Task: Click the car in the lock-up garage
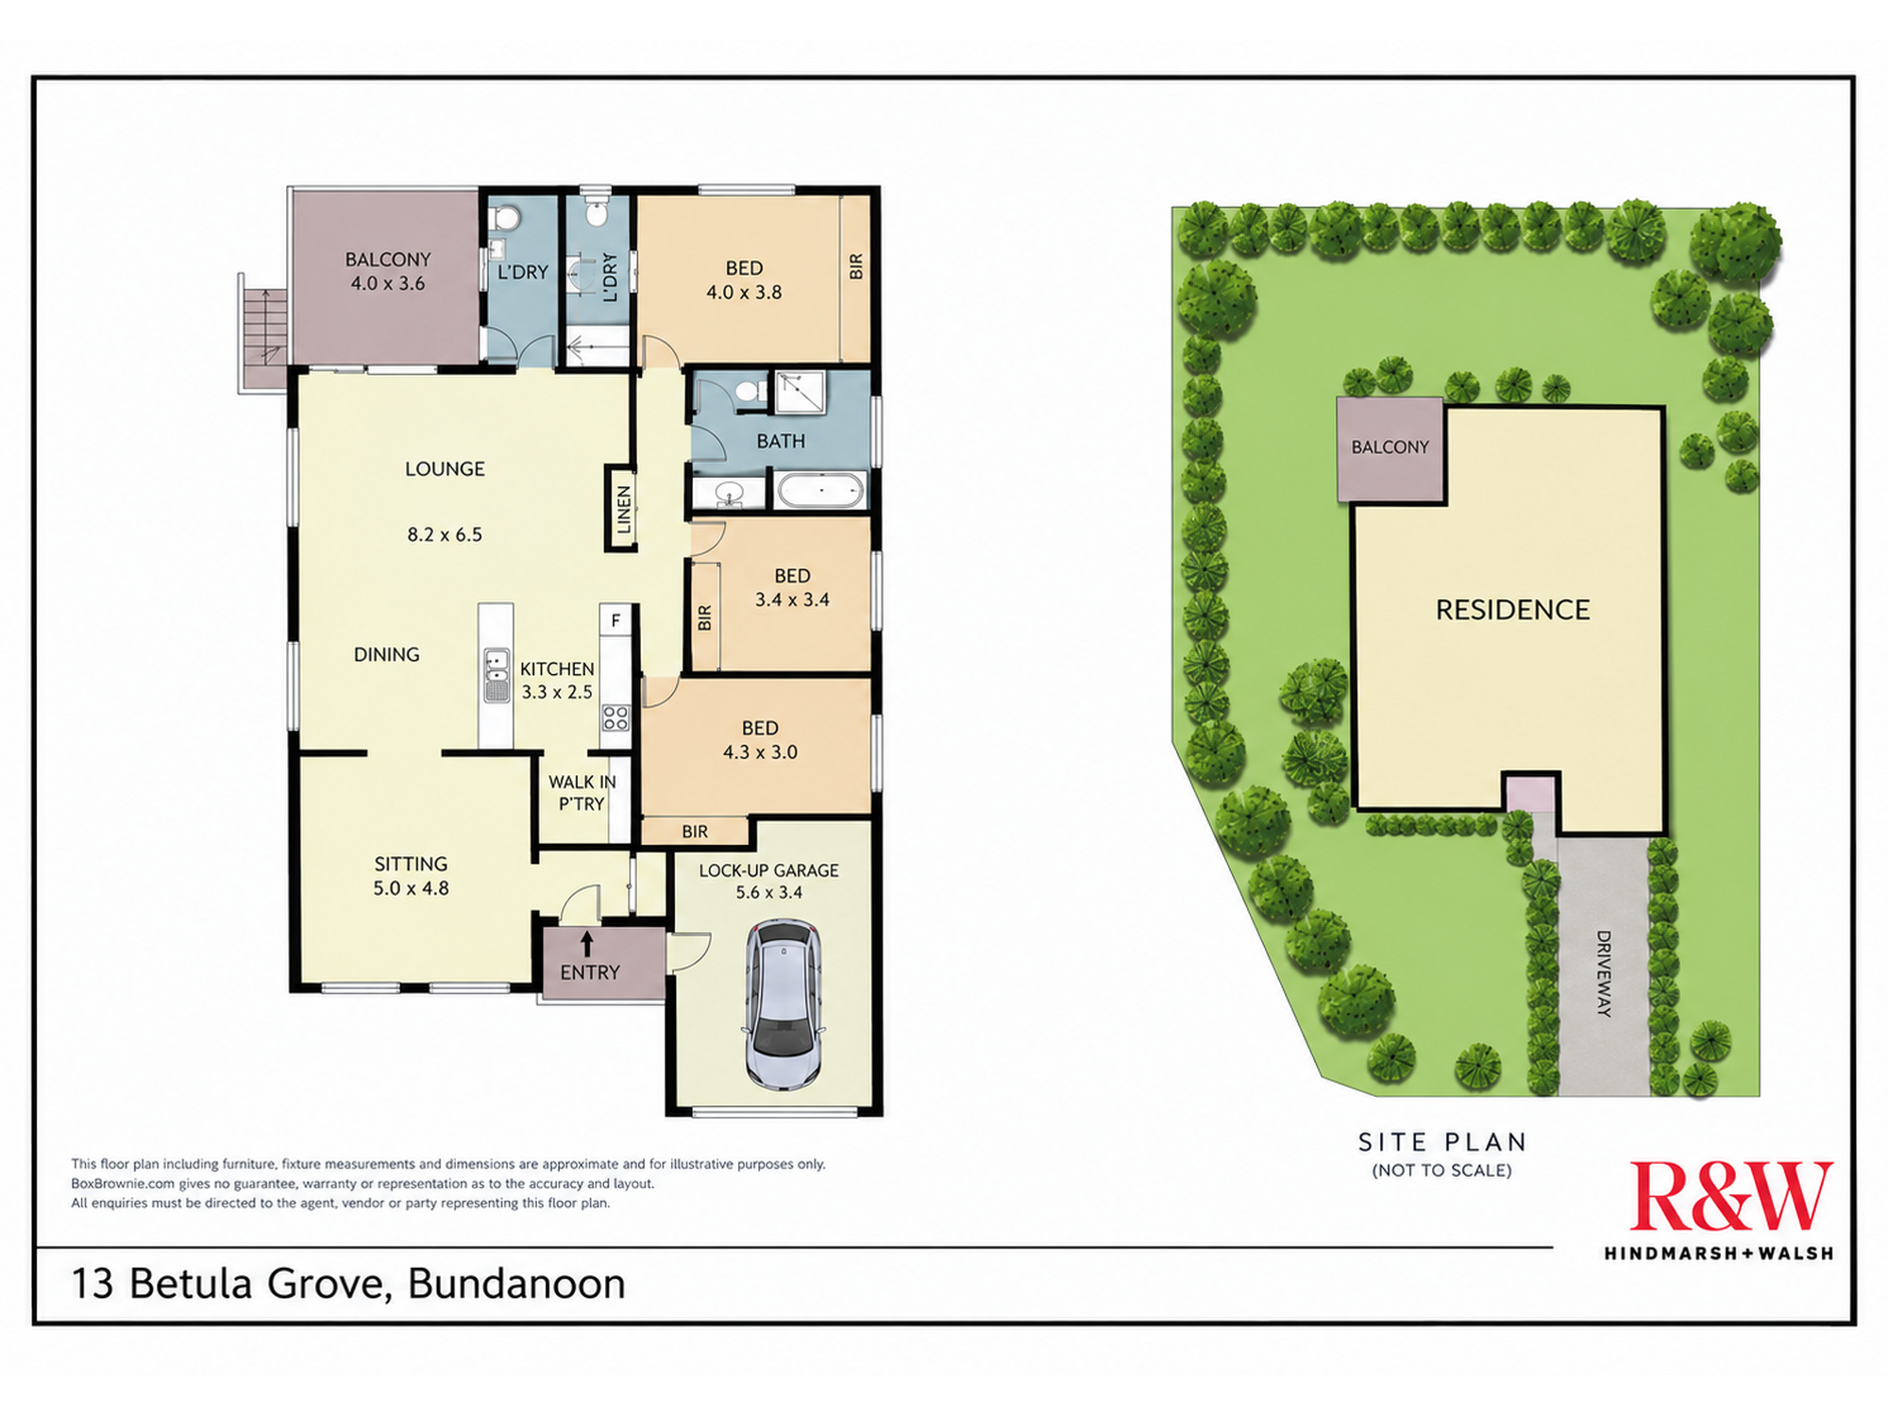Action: (x=784, y=1005)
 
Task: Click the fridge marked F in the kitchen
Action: (x=615, y=620)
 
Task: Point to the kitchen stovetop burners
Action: (x=615, y=717)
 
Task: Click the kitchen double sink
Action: (x=497, y=675)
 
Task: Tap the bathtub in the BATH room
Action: (x=819, y=491)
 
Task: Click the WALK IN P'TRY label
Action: (x=582, y=793)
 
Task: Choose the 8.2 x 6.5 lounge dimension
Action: (x=445, y=534)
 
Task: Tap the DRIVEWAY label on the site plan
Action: (x=1604, y=973)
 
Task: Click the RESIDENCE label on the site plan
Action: (x=1512, y=610)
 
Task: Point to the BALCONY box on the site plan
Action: (x=1390, y=449)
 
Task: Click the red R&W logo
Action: (x=1731, y=1196)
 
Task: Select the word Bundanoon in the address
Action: (x=516, y=1284)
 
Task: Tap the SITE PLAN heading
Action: (x=1441, y=1142)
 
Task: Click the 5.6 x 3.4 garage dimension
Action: (x=769, y=892)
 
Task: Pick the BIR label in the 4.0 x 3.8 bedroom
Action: (x=856, y=266)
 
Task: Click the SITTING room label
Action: (x=411, y=864)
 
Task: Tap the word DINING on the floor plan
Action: (x=386, y=654)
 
